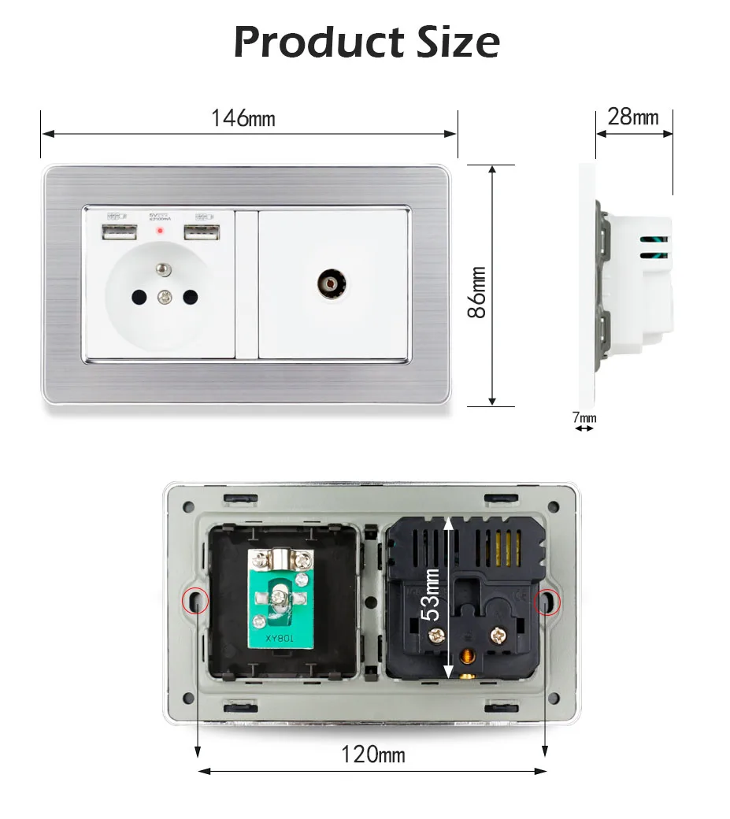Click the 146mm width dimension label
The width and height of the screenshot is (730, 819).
point(243,118)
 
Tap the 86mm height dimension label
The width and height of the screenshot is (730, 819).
point(477,291)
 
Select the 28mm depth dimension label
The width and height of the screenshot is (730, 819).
point(633,117)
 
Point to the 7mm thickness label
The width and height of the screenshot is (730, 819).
point(584,417)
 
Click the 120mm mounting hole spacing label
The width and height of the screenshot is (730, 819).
point(373,754)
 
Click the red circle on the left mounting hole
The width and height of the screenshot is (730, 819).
point(195,602)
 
